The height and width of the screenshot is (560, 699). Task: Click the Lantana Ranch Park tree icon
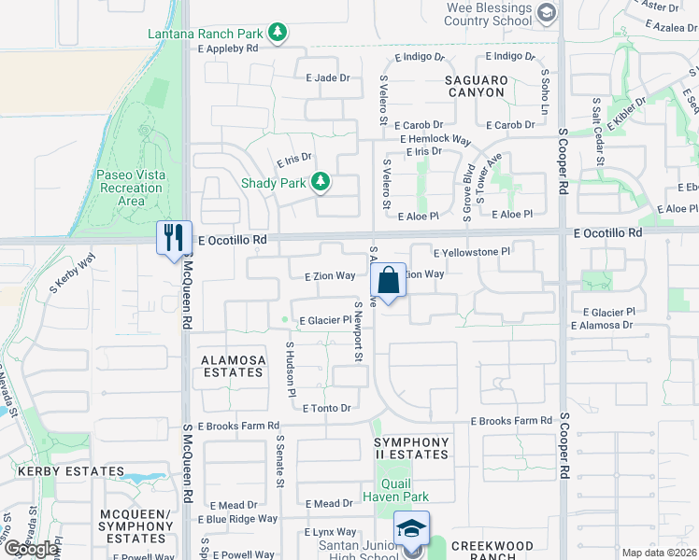click(278, 34)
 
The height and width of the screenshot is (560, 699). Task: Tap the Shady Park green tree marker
click(321, 182)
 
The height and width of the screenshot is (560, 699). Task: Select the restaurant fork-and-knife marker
click(173, 238)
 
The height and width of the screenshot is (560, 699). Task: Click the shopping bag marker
click(388, 280)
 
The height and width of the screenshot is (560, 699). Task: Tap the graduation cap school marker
click(411, 528)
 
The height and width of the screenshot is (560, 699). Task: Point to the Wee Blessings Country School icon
click(547, 12)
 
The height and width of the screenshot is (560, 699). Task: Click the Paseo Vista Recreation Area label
click(132, 188)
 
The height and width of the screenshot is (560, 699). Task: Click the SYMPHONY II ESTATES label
click(411, 448)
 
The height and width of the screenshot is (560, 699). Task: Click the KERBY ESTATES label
click(58, 472)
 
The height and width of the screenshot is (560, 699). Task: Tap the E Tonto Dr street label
click(319, 408)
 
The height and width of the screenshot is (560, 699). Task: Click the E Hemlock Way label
click(435, 139)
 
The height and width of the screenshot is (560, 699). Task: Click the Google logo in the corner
click(31, 549)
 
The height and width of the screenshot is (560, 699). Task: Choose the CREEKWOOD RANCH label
click(492, 551)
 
